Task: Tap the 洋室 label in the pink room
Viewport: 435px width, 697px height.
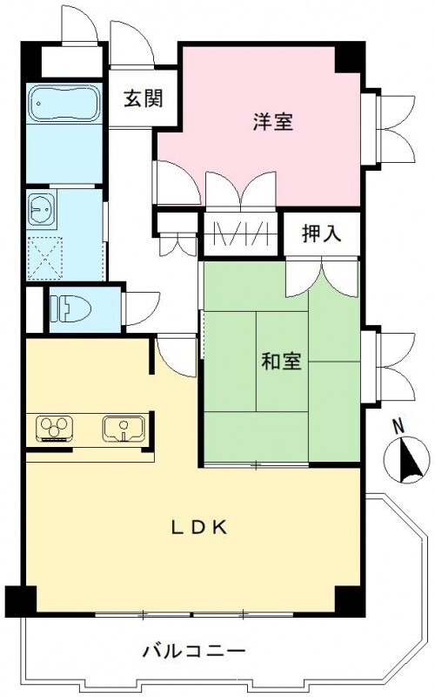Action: (272, 122)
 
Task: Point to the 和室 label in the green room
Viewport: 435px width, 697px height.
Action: (281, 362)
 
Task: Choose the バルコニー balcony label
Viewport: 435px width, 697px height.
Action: (194, 650)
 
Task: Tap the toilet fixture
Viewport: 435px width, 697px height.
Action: (70, 308)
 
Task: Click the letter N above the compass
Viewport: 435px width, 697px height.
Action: (398, 427)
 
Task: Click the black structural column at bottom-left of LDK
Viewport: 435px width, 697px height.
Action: (21, 600)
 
